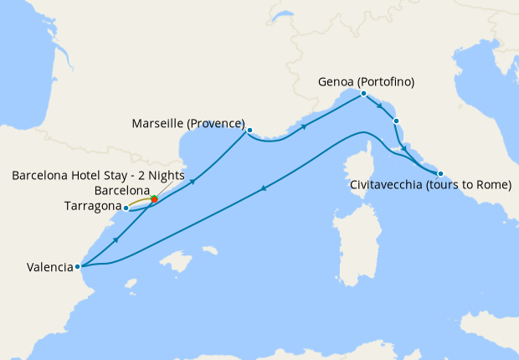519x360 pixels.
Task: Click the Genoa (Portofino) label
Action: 367,82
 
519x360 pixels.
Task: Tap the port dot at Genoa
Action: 363,94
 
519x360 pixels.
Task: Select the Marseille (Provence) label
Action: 188,124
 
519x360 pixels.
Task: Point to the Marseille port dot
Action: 249,130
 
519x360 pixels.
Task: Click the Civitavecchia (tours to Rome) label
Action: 429,184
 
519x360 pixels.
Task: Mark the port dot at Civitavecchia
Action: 440,173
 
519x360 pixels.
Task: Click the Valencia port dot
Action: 78,267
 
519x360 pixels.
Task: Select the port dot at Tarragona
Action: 126,207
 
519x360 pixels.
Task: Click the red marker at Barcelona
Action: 154,199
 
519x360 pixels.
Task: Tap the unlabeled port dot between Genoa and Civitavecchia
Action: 396,121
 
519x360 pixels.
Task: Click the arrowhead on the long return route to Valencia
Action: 265,188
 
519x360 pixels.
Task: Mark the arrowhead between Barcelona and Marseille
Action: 193,182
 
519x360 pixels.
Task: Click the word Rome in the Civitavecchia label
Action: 491,184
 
